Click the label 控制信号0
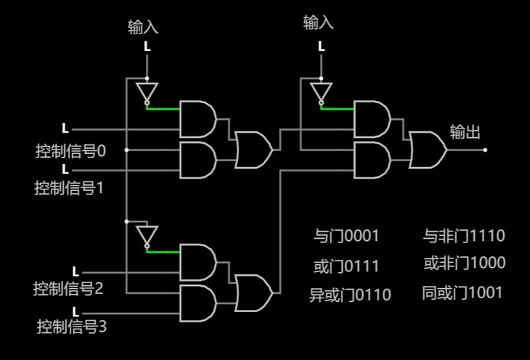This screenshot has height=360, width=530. [70, 151]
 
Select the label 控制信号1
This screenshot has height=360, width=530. [69, 187]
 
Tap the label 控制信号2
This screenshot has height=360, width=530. [68, 289]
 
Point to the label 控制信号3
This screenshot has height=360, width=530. [72, 327]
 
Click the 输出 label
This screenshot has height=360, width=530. [465, 132]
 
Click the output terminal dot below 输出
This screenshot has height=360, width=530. [485, 150]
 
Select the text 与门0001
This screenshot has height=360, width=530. [346, 236]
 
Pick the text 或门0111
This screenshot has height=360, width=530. [346, 266]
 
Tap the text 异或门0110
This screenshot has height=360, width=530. [350, 295]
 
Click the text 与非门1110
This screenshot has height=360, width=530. [464, 235]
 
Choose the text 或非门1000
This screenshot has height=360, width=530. [465, 263]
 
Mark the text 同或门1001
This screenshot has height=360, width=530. [462, 292]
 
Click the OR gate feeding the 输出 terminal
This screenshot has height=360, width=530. [428, 150]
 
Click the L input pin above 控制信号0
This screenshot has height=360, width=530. [65, 128]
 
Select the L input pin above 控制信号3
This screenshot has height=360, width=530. [76, 311]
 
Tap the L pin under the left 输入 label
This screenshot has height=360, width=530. [147, 46]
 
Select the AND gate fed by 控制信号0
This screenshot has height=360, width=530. [198, 119]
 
